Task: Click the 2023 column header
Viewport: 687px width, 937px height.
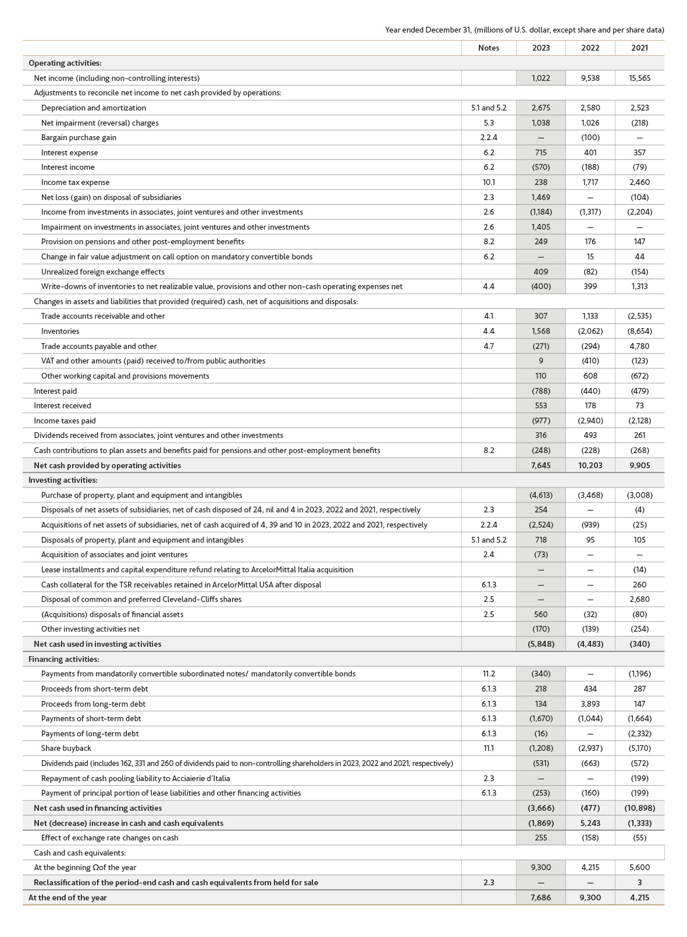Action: [x=540, y=48]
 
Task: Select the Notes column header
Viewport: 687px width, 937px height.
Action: [x=488, y=48]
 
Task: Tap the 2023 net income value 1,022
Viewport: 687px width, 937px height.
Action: [x=540, y=78]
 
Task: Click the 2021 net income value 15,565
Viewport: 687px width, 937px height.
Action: [x=639, y=78]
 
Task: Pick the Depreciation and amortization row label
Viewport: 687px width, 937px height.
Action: [x=94, y=108]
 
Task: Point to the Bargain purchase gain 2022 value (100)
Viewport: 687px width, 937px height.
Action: [x=590, y=137]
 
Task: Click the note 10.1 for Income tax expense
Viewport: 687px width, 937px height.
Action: [x=488, y=182]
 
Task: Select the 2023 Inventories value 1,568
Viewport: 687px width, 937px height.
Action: [x=540, y=331]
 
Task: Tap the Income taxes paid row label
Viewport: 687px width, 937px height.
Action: [x=65, y=421]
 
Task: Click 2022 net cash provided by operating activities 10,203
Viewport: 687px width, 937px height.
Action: [x=590, y=465]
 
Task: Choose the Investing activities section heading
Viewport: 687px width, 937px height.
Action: [x=63, y=480]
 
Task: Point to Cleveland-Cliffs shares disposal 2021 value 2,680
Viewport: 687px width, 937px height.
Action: [x=639, y=599]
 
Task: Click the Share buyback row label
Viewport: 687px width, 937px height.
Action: [x=66, y=748]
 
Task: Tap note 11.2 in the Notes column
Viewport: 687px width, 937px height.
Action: [x=488, y=674]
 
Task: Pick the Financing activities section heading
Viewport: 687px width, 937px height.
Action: [x=64, y=659]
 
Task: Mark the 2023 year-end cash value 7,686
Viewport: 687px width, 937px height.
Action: [x=540, y=897]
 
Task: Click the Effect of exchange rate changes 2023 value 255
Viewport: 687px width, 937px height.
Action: [x=540, y=838]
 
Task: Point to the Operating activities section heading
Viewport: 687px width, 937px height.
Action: [x=65, y=63]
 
